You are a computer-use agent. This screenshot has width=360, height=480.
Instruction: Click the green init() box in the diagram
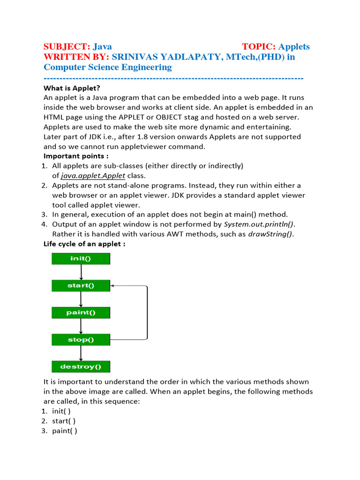81,259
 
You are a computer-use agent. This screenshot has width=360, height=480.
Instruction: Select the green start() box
81,285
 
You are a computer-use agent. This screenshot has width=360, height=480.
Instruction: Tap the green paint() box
81,313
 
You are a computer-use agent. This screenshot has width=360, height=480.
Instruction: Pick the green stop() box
81,339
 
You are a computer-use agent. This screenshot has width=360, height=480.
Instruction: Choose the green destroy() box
81,367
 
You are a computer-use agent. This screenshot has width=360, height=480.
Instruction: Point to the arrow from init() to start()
81,272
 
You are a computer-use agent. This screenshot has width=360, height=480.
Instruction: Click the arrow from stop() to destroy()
81,353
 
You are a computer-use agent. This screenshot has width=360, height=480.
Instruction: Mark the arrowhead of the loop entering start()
113,285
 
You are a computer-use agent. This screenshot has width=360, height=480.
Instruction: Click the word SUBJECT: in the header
67,46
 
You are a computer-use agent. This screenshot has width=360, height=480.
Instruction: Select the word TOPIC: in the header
259,46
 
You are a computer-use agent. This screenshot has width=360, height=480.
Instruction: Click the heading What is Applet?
72,88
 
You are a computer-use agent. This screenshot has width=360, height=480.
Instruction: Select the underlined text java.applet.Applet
93,176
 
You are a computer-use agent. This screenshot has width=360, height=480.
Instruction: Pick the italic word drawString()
271,234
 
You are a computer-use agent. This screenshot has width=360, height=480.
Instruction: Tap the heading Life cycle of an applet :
84,244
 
